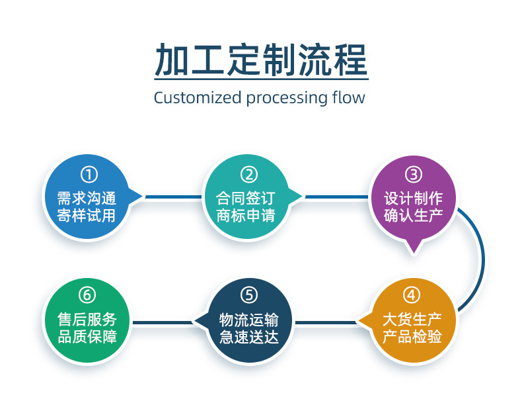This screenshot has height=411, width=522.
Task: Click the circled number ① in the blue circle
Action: (x=89, y=175)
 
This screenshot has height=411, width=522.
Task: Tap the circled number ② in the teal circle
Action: (x=249, y=175)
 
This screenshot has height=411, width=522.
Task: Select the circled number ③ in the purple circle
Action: (x=413, y=175)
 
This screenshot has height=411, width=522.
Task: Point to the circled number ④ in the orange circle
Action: (x=412, y=295)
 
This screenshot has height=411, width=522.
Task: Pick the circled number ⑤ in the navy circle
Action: (x=249, y=295)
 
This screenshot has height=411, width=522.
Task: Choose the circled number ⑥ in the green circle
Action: (x=89, y=295)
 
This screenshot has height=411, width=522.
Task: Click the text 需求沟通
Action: (x=87, y=197)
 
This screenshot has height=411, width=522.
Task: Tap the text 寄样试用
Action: (x=87, y=215)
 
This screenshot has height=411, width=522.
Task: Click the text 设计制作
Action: (x=413, y=197)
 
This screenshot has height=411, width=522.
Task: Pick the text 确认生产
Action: (x=413, y=215)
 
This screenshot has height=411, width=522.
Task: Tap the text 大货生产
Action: (x=412, y=318)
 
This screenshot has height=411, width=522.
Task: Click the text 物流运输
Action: (x=249, y=318)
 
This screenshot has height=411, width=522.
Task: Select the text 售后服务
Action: (x=87, y=318)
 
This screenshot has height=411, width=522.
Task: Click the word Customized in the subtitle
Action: (x=197, y=98)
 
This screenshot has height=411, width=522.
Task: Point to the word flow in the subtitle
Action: (x=348, y=98)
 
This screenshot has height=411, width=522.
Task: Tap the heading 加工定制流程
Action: (x=260, y=61)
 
